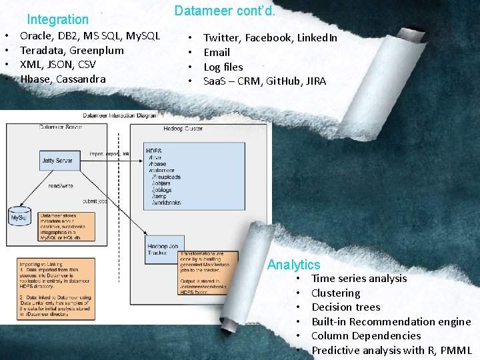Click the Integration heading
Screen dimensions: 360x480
tap(57, 20)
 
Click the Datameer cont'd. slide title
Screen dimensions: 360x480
tap(225, 11)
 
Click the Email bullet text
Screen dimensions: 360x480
tap(217, 52)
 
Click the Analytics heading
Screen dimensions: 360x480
tap(293, 265)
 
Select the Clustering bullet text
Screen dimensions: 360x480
tap(335, 293)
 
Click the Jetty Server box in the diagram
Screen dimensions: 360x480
tap(57, 161)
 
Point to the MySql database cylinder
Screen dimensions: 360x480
tap(18, 217)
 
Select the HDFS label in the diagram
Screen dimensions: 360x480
tap(154, 151)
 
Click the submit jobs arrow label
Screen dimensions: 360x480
tap(95, 201)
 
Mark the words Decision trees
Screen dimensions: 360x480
tap(345, 307)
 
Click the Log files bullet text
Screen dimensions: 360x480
tap(223, 67)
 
